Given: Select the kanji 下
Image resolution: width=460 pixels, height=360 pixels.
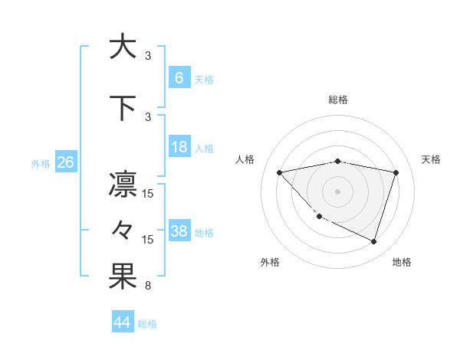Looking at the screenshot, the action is click(123, 107).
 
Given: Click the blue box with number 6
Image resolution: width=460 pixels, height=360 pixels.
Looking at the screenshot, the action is click(179, 78).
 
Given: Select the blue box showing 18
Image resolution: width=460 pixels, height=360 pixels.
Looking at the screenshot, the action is click(179, 148).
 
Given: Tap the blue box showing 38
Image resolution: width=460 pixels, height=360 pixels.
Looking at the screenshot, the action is click(179, 232).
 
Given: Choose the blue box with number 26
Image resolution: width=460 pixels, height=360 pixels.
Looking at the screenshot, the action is click(65, 162).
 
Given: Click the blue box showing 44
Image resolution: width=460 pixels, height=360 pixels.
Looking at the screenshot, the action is click(122, 322).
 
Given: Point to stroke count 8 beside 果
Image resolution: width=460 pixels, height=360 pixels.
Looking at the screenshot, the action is click(148, 286).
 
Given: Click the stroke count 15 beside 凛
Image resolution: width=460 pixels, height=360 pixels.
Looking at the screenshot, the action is click(148, 194).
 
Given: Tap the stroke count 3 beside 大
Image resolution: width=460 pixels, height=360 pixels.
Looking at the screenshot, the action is click(148, 55).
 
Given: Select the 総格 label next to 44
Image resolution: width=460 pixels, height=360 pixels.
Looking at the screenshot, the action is click(147, 324).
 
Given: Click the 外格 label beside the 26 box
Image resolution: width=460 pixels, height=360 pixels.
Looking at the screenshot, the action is click(41, 163).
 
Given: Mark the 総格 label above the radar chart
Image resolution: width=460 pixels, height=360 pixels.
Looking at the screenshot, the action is click(337, 100).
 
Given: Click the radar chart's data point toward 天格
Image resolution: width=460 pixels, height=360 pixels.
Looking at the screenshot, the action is click(396, 172).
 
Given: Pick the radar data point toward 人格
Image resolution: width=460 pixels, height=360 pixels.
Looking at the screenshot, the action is click(279, 172).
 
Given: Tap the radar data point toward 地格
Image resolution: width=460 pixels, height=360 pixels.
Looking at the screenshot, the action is click(373, 241).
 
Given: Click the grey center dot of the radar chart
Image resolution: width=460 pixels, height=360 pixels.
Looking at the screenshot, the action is click(337, 191).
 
